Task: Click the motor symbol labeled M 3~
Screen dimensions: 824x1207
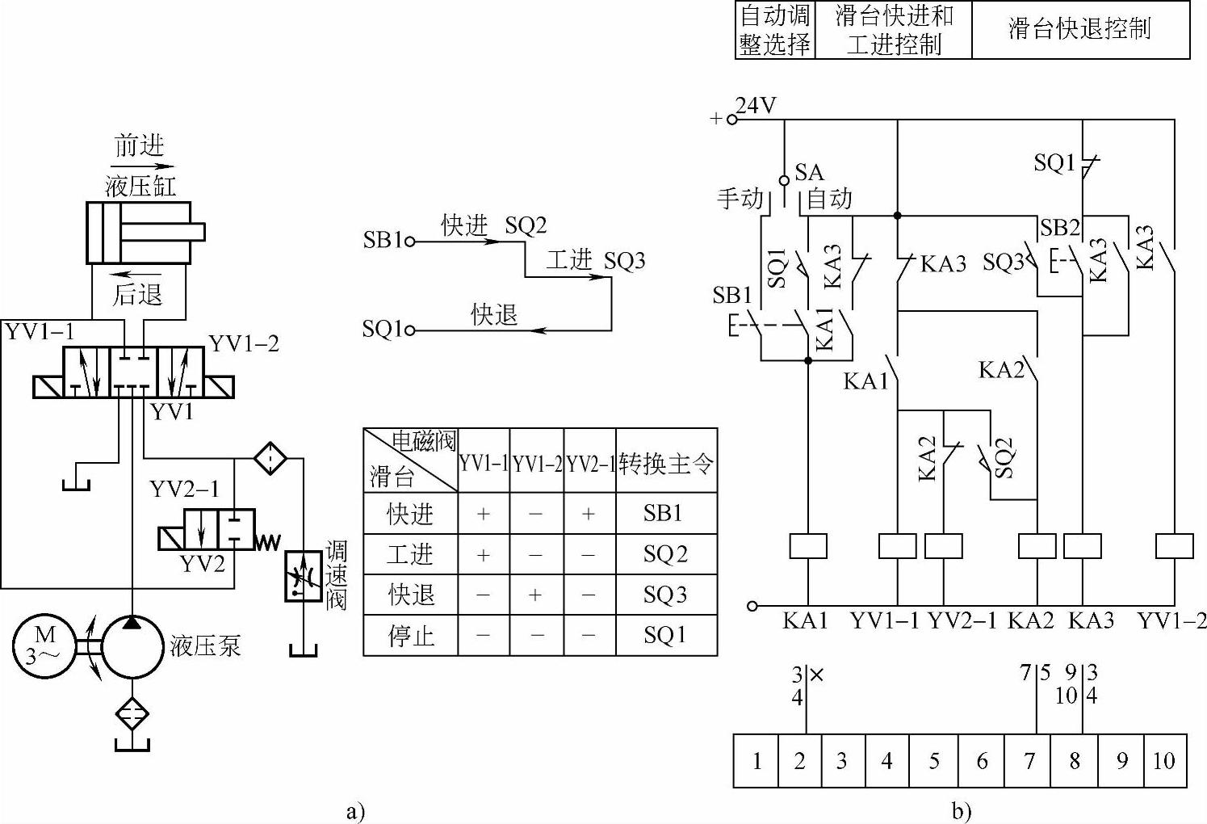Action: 43,647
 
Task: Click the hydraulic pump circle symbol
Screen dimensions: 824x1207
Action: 132,647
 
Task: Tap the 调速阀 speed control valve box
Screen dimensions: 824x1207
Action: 303,577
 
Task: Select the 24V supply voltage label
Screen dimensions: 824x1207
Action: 756,106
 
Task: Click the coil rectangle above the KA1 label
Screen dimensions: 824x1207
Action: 807,546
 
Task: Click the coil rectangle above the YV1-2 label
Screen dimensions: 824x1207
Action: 1174,546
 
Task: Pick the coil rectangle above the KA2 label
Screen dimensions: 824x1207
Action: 1037,546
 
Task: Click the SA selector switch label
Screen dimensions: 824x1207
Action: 809,172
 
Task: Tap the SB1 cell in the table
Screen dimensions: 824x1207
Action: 664,513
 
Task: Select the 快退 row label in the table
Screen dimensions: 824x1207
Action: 411,595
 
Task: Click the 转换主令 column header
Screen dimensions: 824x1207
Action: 666,463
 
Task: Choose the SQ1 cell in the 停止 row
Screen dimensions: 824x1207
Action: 664,635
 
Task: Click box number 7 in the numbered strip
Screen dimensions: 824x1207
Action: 1029,760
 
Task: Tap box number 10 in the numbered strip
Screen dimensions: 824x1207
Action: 1163,760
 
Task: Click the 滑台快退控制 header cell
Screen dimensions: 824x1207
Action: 1079,30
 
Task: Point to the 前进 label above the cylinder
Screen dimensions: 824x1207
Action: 139,145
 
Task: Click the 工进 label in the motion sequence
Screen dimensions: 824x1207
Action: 569,260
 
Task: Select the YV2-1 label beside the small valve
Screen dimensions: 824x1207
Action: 184,490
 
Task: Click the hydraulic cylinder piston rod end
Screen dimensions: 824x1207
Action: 199,233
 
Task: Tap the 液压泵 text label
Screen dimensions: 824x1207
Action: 205,646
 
